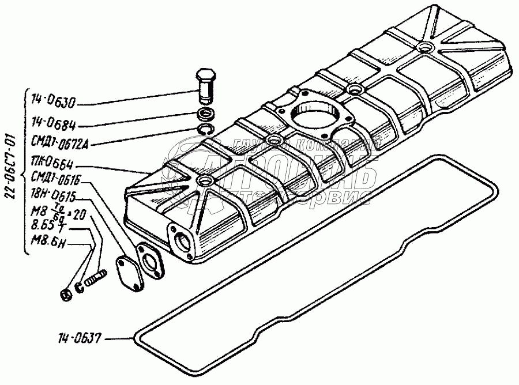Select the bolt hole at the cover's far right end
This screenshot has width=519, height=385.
pyautogui.click(x=426, y=46)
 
